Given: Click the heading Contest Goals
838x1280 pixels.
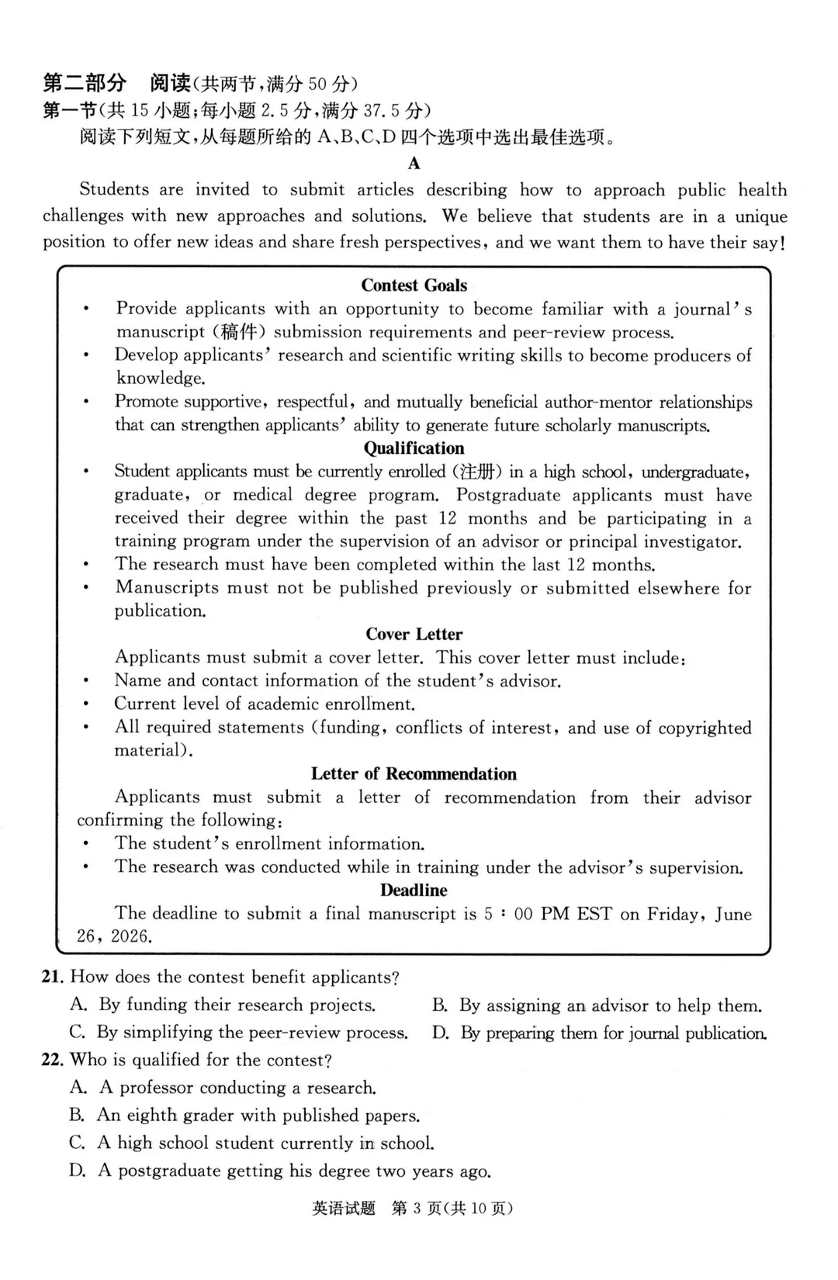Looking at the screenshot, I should [x=414, y=285].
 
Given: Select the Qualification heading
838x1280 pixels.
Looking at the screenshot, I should [x=414, y=448].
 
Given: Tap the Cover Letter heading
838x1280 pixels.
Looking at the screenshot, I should [x=414, y=635].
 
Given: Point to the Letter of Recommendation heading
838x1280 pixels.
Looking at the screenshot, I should [x=414, y=774].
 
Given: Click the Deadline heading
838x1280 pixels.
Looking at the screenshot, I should [x=414, y=891].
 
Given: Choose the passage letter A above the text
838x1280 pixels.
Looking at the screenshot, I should [x=414, y=164].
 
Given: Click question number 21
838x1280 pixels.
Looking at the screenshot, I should [x=52, y=977].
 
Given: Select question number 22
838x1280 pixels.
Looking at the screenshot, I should [x=52, y=1060].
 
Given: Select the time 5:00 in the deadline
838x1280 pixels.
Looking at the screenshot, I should [x=509, y=914].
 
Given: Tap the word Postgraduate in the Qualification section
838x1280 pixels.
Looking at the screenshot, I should [x=509, y=495].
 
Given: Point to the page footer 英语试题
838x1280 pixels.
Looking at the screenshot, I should [x=343, y=1209].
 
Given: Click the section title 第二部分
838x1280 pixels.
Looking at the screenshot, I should [x=84, y=83].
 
